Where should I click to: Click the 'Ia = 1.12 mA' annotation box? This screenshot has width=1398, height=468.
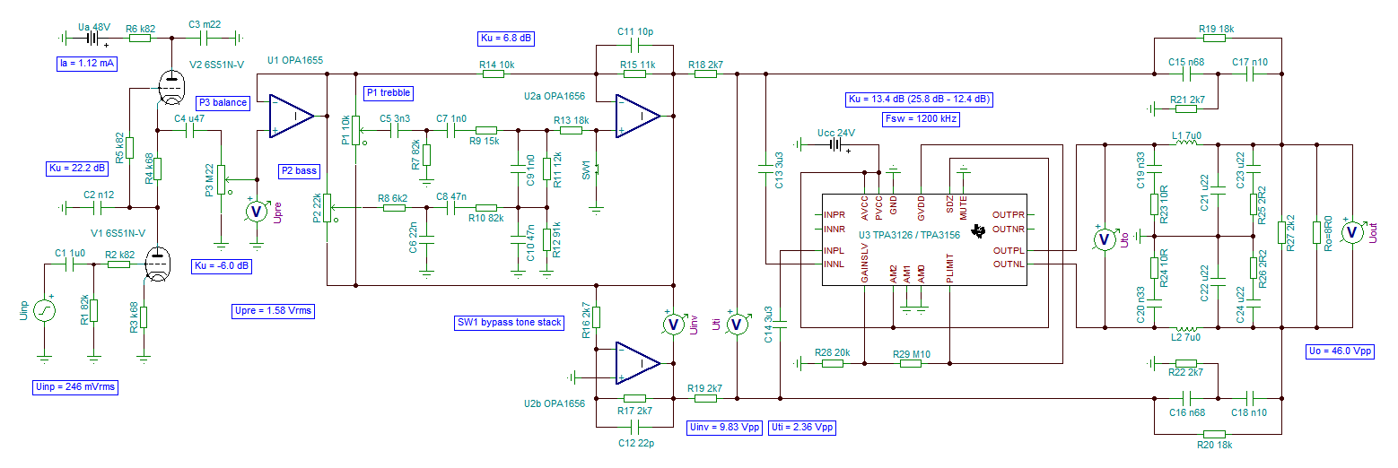pos(87,64)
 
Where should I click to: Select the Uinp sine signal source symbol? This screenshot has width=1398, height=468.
pos(44,309)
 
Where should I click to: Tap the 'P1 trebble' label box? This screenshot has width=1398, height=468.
pos(389,93)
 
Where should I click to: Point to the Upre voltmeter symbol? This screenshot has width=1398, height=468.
pos(256,212)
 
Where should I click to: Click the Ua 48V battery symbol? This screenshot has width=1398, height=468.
pos(92,39)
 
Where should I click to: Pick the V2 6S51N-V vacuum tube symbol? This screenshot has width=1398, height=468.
pos(171,87)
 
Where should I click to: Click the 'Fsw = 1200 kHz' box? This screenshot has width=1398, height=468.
pos(922,119)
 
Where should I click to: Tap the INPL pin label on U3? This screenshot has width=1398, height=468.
pos(834,250)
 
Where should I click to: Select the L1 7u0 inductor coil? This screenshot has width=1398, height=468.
pos(1186,142)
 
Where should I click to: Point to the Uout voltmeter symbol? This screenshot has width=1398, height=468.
pos(1352,232)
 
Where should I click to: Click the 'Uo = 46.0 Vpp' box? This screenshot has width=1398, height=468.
pos(1340,351)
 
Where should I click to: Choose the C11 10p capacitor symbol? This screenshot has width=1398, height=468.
pos(634,45)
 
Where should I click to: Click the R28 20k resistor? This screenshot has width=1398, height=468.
pos(833,363)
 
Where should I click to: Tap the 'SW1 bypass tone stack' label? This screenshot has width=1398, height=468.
pos(510,323)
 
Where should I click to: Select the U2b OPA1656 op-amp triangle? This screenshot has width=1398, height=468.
pos(638,363)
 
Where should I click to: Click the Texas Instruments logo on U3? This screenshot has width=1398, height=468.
pos(979,231)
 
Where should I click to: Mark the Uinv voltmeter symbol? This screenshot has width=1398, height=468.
pos(673,324)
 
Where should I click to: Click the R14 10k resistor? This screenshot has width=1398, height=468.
pos(493,74)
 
